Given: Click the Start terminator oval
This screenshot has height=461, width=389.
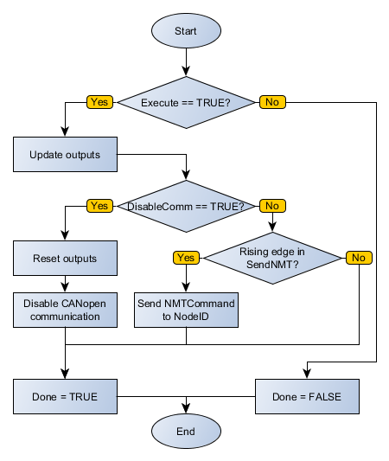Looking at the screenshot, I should tap(186, 31).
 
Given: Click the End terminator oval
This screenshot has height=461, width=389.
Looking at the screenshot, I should tap(186, 431).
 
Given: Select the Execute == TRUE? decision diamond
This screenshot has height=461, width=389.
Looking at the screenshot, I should tap(186, 102).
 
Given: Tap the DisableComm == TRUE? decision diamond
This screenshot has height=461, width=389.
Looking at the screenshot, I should tap(186, 206).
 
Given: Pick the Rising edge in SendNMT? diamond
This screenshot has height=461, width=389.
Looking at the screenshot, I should tap(272, 258).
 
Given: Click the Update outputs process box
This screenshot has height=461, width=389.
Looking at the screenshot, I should tap(65, 155).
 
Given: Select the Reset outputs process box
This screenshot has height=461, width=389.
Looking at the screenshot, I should tap(65, 258).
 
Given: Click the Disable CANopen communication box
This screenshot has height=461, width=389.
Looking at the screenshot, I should tap(65, 310).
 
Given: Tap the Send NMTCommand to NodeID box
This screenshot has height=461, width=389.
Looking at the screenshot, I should tap(186, 310).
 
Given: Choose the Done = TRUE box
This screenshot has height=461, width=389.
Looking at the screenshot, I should tap(65, 396).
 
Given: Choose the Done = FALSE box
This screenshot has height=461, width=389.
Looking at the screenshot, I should tap(306, 396).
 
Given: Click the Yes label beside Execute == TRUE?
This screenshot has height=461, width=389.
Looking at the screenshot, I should tap(99, 102).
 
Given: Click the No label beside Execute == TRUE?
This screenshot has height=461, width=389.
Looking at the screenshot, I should tap(272, 102).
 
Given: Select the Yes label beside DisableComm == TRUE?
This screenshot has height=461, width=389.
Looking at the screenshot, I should tap(99, 206).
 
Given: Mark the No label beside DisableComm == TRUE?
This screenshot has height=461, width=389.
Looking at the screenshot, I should tap(272, 206).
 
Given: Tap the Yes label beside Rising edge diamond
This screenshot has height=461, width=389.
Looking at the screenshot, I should tap(186, 258).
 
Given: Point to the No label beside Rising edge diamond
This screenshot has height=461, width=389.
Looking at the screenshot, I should tap(358, 258).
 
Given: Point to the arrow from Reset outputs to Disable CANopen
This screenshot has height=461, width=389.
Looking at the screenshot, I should tap(65, 284).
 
